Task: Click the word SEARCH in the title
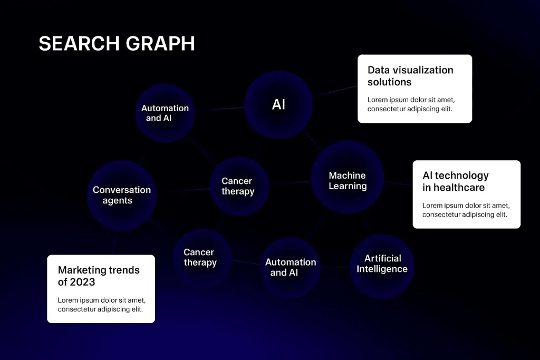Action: (x=74, y=44)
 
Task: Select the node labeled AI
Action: (x=278, y=105)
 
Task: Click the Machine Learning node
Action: (x=347, y=181)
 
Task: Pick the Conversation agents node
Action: (x=122, y=195)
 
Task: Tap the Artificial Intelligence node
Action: (x=382, y=264)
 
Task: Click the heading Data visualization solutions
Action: (x=410, y=76)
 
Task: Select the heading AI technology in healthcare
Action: (x=456, y=181)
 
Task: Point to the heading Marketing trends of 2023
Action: (x=99, y=276)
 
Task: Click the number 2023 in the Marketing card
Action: (x=82, y=282)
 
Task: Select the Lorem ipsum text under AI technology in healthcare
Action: (x=466, y=210)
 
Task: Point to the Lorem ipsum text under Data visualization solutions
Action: (x=411, y=104)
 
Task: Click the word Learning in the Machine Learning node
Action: (x=348, y=186)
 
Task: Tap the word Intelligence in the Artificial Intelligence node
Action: (x=382, y=269)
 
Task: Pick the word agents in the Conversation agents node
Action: (x=117, y=200)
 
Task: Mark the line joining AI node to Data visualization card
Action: (x=335, y=91)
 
